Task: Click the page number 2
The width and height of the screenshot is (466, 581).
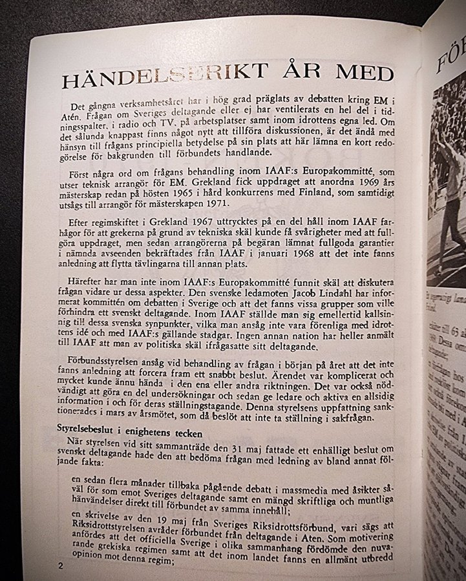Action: click(x=59, y=566)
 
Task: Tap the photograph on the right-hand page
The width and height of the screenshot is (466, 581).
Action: click(x=446, y=187)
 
